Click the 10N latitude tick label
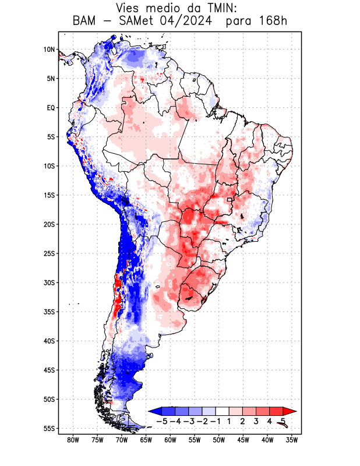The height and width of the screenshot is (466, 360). pos(49,50)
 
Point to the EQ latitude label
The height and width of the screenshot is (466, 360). pos(50,108)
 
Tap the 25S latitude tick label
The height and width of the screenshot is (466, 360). pos(49,253)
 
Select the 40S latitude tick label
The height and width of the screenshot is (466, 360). pos(49,341)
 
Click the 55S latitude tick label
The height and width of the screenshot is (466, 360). pos(49,428)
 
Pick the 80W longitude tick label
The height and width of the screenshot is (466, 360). pos(73,440)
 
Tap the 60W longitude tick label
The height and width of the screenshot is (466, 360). pos(170,440)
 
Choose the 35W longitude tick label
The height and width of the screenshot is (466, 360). pos(292,440)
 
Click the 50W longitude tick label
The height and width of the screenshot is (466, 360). pos(218,440)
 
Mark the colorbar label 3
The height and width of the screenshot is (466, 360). pos(256,421)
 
